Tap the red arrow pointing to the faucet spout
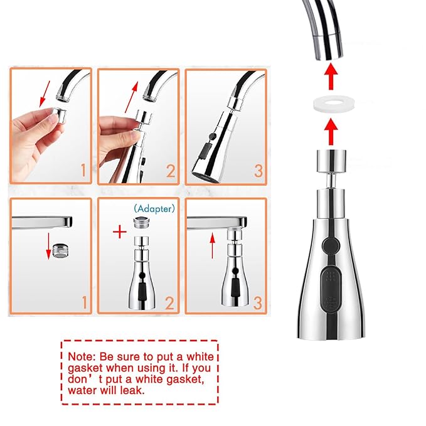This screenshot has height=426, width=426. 331,77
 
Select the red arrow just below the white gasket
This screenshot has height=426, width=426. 331,132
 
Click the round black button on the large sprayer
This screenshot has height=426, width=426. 331,245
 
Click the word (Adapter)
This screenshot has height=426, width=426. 154,209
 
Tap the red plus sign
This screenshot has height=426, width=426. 120,233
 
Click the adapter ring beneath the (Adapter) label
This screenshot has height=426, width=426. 141,223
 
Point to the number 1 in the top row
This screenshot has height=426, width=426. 83,171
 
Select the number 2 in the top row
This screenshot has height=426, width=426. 171,171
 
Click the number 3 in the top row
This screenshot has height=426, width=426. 258,171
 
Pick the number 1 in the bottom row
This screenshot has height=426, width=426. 85,302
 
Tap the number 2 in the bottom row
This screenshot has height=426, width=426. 170,302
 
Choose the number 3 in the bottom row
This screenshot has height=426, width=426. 258,302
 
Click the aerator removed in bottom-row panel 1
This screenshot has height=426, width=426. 60,250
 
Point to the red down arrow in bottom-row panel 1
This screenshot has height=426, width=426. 48,246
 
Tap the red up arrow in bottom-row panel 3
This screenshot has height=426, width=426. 213,246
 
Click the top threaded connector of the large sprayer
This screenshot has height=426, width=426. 331,161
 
